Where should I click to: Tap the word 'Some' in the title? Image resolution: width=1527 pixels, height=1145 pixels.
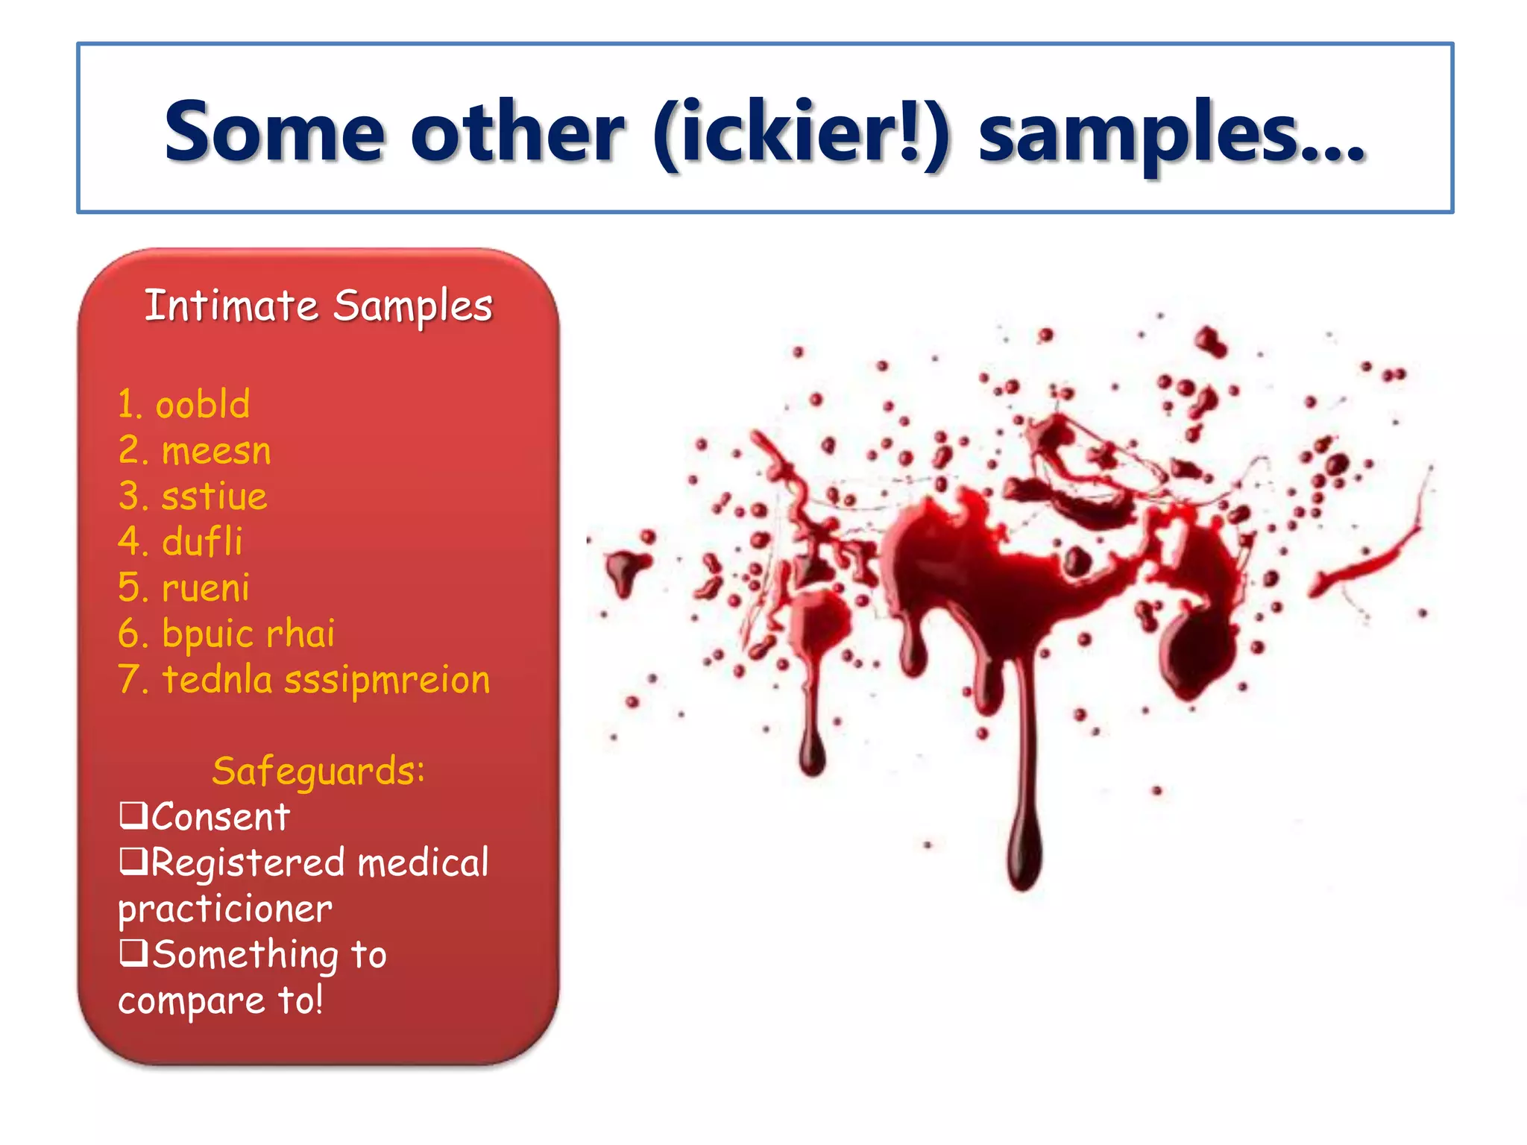[274, 132]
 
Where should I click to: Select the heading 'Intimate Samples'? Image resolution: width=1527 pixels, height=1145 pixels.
[318, 306]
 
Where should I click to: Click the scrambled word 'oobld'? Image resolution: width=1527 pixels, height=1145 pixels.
[202, 405]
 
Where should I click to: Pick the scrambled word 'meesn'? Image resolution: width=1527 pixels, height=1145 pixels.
[216, 452]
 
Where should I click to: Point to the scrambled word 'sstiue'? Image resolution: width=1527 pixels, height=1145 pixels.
[214, 497]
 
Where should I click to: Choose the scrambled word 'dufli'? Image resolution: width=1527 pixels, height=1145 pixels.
[202, 542]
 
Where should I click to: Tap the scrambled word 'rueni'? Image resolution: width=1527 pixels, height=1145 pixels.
[206, 588]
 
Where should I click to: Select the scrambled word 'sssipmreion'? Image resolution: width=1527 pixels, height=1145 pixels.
[387, 680]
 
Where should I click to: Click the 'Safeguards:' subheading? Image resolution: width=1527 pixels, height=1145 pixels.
[318, 771]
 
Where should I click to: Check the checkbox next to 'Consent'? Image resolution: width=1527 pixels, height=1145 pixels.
[133, 815]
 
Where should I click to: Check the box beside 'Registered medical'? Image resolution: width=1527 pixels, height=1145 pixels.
[133, 861]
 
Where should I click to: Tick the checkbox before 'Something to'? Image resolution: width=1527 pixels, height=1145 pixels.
[133, 952]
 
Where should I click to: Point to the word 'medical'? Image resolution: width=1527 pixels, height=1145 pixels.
[423, 862]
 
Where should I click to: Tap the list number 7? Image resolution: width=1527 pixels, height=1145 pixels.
[130, 680]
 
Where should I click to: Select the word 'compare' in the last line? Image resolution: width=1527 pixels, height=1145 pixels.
[192, 1001]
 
